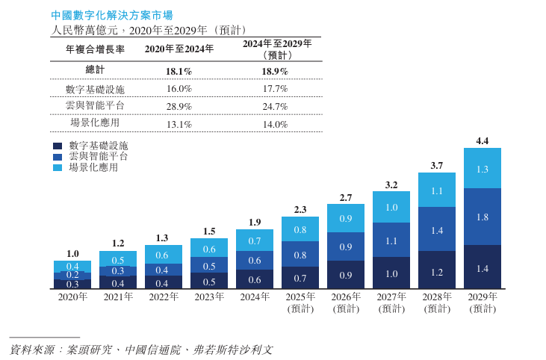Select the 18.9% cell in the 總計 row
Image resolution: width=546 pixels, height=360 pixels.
click(274, 71)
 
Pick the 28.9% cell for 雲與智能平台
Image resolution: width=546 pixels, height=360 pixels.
click(179, 106)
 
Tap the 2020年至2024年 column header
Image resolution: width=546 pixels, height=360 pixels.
click(179, 49)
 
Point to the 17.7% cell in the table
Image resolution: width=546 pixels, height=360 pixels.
click(274, 88)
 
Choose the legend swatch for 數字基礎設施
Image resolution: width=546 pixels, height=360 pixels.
click(57, 146)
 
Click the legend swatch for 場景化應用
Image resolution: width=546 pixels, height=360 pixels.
click(57, 169)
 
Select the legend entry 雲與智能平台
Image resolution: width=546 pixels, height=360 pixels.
click(98, 157)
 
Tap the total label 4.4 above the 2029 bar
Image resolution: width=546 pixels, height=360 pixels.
click(482, 140)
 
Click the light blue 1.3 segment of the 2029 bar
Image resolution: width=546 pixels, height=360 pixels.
click(482, 169)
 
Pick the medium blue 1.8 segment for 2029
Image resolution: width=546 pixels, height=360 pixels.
click(482, 217)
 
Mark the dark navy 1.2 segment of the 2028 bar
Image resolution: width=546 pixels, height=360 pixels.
click(437, 270)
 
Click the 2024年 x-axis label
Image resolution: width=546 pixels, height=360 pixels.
click(255, 297)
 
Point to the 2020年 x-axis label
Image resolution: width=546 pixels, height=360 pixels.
click(72, 297)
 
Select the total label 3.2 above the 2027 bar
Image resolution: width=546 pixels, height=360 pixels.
click(391, 184)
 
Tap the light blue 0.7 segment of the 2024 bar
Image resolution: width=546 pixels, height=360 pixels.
click(255, 240)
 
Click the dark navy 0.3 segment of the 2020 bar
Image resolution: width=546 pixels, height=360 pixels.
click(72, 285)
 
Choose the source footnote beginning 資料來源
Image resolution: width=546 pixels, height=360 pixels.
click(141, 349)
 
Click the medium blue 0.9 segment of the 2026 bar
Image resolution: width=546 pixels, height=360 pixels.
click(346, 246)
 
